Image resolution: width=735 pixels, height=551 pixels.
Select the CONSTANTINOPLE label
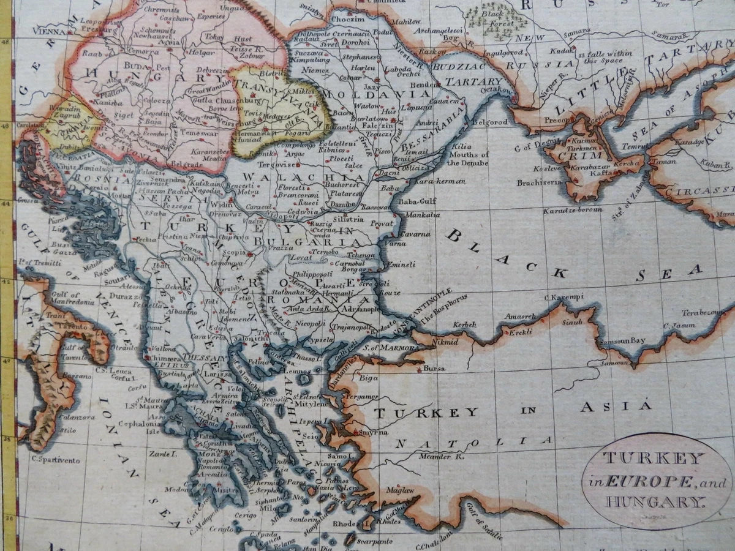(423, 309)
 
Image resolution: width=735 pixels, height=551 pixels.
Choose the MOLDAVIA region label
(376, 94)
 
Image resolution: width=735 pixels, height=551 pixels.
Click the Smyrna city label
(374, 432)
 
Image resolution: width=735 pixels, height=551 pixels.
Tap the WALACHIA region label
(272, 176)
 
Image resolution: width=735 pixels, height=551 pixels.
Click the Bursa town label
(434, 369)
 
